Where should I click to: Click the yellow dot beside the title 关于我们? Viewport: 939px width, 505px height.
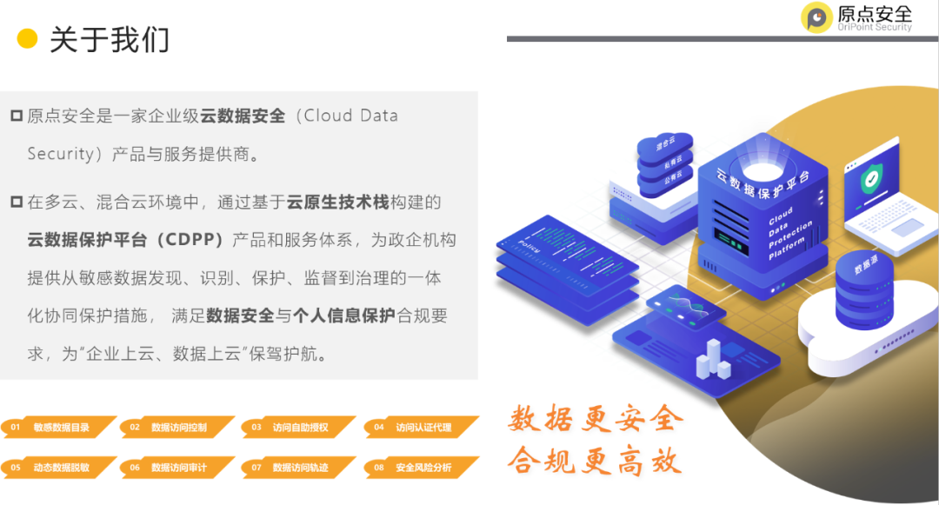28,39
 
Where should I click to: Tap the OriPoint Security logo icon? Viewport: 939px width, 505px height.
816,17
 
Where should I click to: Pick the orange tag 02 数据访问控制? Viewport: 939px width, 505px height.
177,428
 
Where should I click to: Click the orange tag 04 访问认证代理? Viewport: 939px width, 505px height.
421,428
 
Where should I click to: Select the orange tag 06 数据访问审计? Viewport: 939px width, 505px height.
177,468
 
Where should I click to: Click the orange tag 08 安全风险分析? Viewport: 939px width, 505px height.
421,468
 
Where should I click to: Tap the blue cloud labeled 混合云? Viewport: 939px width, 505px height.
664,144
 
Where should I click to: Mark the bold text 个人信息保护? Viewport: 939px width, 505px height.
344,316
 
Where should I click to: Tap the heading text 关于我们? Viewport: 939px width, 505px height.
109,39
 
